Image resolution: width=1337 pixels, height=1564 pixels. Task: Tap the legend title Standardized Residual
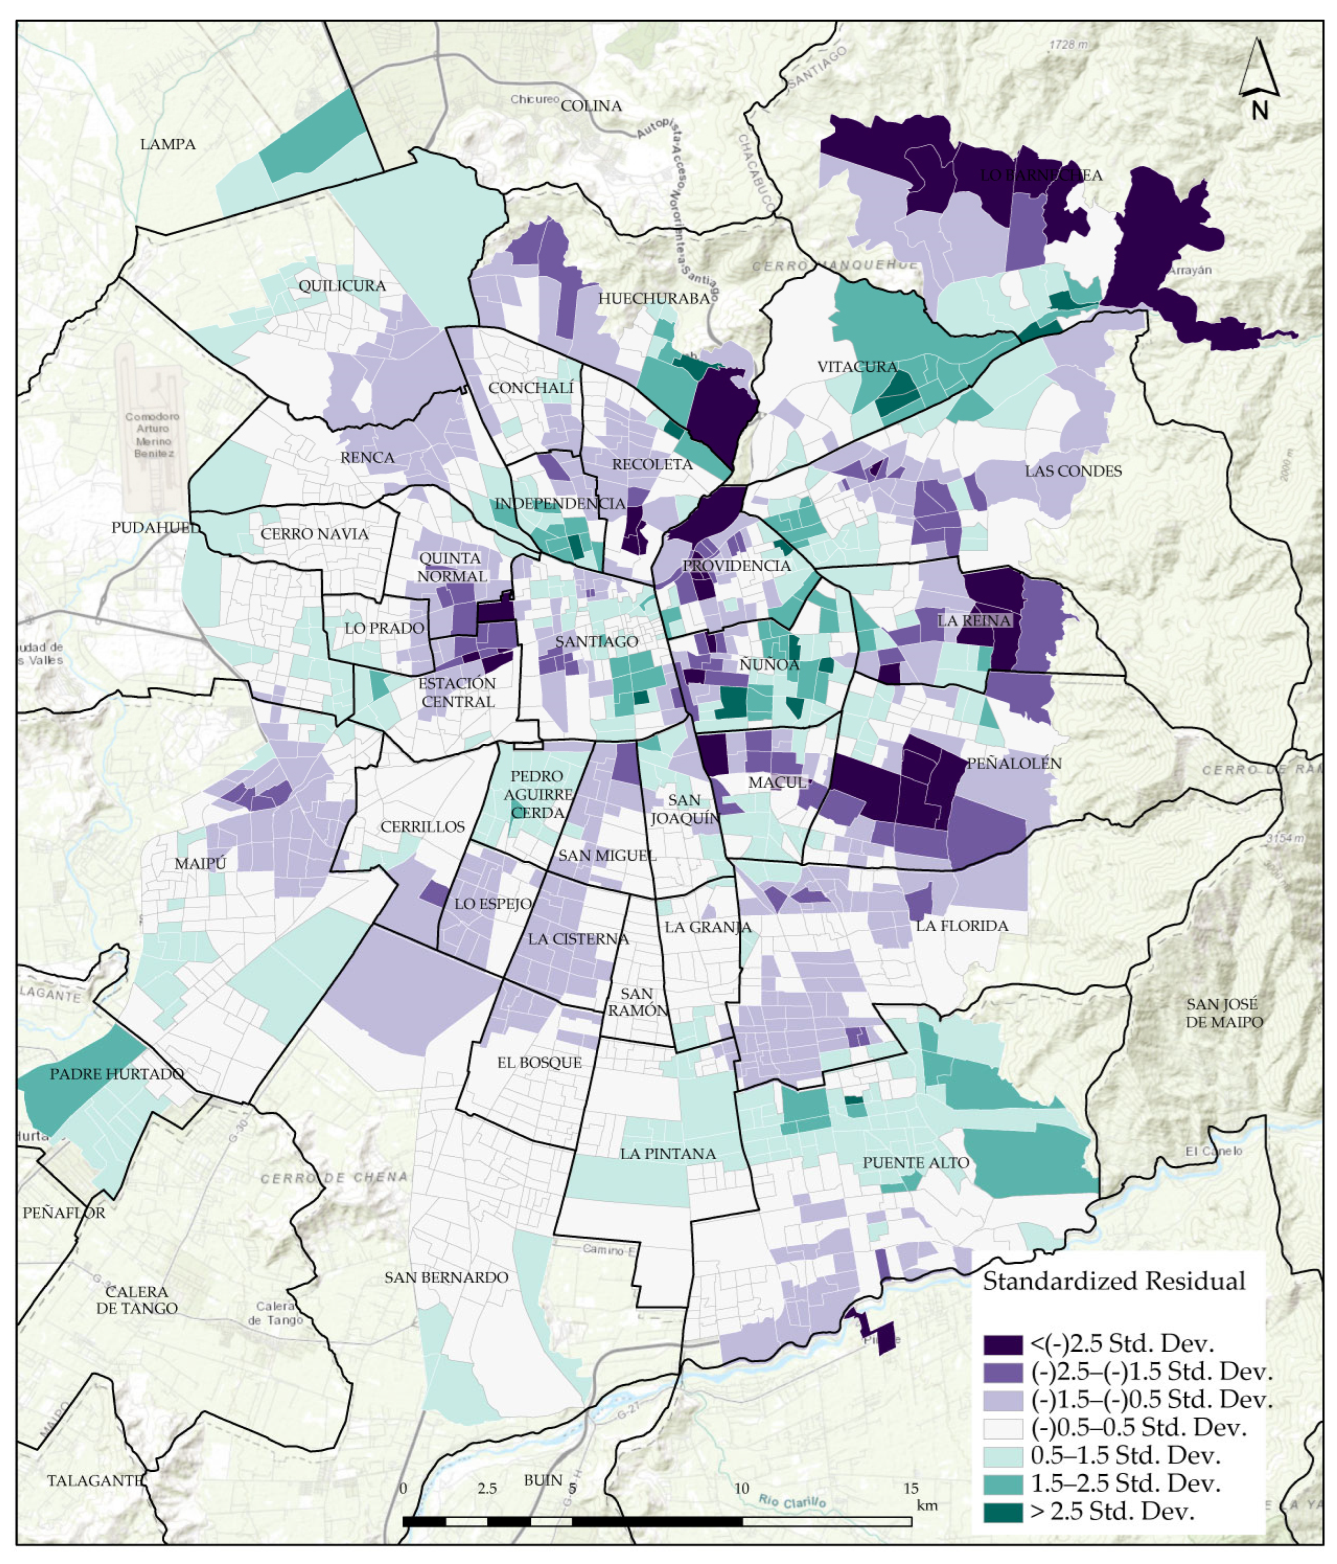click(x=1114, y=1281)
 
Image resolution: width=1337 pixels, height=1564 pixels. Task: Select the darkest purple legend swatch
click(x=1003, y=1344)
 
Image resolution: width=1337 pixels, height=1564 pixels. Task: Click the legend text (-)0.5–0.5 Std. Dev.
click(x=1137, y=1427)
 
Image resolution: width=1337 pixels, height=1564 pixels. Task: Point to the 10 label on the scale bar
click(x=742, y=1488)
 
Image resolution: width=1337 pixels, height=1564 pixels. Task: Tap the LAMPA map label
click(x=168, y=144)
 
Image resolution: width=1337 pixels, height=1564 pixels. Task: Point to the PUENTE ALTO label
click(x=915, y=1162)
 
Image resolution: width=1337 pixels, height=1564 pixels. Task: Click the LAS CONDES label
click(x=1073, y=471)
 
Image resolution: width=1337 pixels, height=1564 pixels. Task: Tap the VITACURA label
click(x=857, y=367)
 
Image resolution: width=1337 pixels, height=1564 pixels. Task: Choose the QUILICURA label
click(x=342, y=285)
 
